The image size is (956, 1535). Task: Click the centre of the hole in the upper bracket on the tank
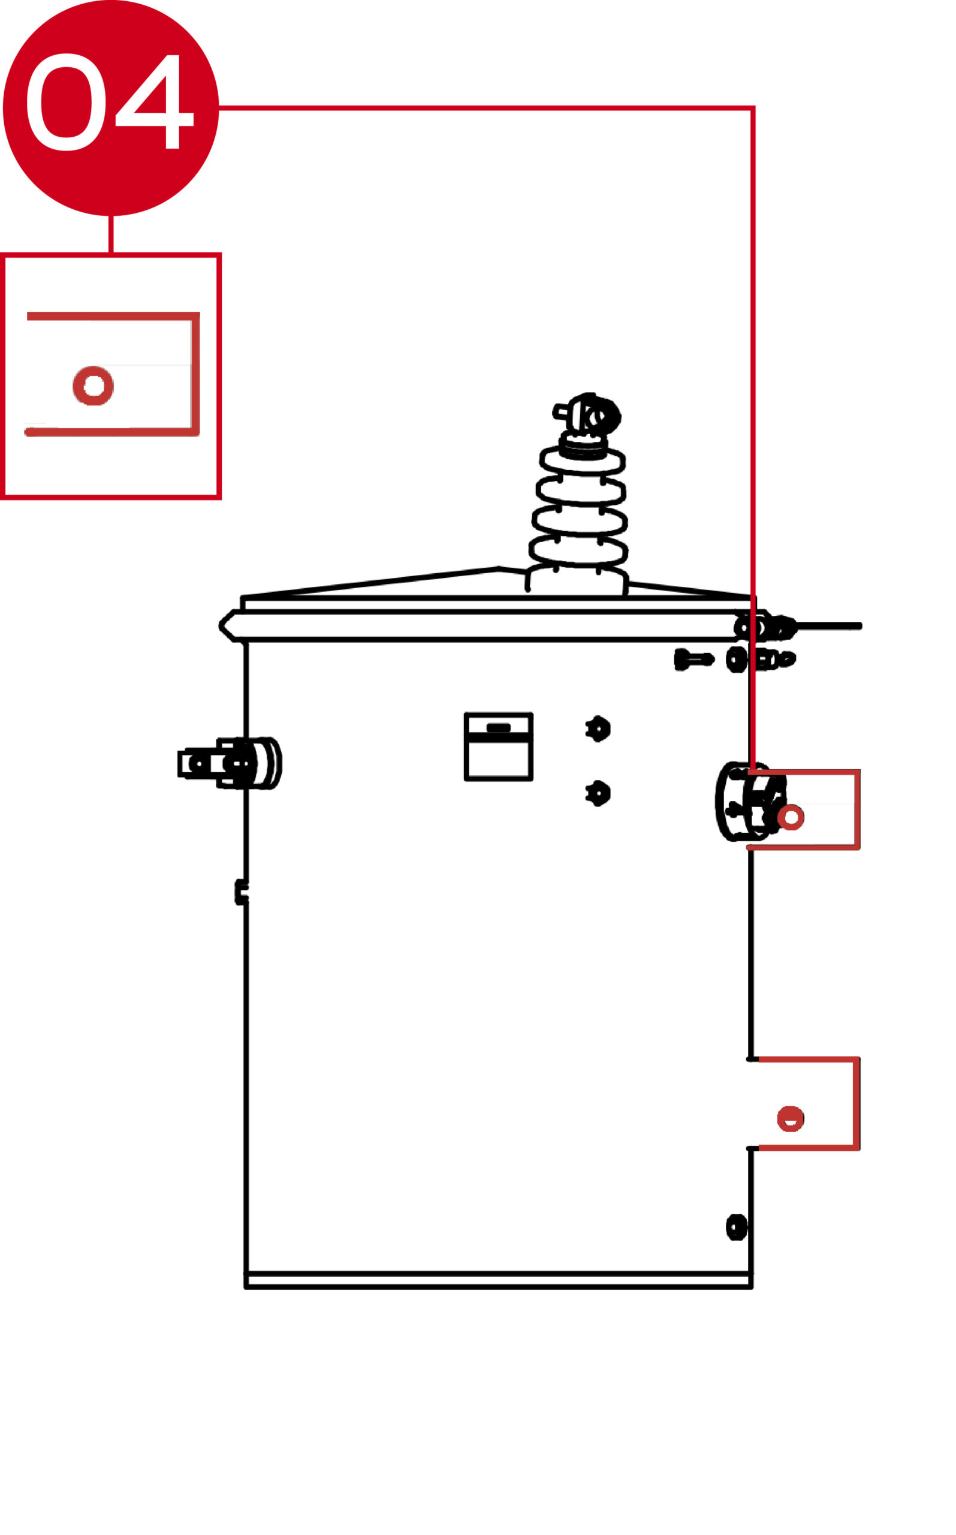[x=791, y=817]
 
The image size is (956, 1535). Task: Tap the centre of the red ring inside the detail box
[x=94, y=385]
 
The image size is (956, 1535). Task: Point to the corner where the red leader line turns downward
[x=753, y=108]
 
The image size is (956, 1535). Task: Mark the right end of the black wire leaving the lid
[x=860, y=626]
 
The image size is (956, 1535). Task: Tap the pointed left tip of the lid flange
[x=221, y=626]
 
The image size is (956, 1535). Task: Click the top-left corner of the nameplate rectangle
[x=466, y=715]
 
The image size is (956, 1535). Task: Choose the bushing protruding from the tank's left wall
[x=230, y=763]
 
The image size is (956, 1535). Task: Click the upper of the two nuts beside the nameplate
[x=598, y=729]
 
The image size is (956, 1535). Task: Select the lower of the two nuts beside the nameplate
[x=598, y=793]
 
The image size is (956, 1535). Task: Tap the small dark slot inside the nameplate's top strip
[x=498, y=728]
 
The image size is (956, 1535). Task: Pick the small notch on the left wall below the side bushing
[x=242, y=892]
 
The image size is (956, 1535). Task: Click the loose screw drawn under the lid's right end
[x=694, y=660]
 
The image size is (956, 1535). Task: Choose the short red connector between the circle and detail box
[x=111, y=234]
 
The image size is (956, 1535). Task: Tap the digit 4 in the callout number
[x=153, y=101]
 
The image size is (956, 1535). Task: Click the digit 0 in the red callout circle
[x=66, y=102]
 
